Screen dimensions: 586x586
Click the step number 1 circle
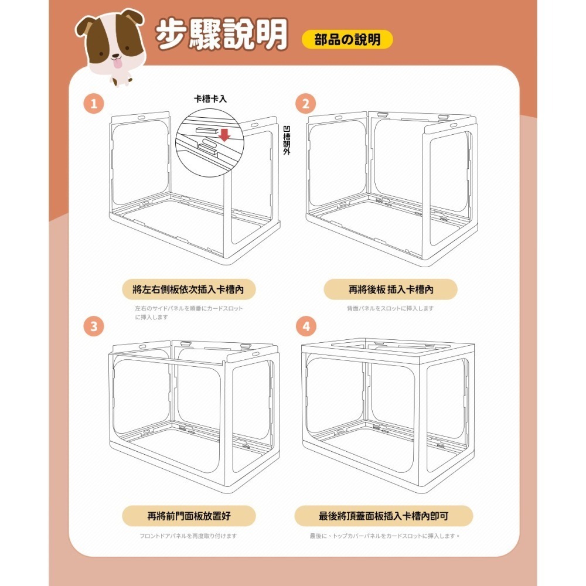pos(94,105)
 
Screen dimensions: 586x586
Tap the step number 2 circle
pos(305,105)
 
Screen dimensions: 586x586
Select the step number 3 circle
pos(94,326)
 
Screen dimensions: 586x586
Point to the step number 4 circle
pos(305,326)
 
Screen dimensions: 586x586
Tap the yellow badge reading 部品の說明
pos(347,39)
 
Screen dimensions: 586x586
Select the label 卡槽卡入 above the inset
pos(210,99)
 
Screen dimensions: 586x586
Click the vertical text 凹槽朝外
pos(286,141)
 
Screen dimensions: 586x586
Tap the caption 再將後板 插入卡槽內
pos(390,289)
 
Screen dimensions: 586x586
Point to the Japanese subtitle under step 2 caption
pos(390,308)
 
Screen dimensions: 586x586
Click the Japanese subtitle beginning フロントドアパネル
pos(188,536)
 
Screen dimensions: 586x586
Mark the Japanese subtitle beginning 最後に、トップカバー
pos(385,536)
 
